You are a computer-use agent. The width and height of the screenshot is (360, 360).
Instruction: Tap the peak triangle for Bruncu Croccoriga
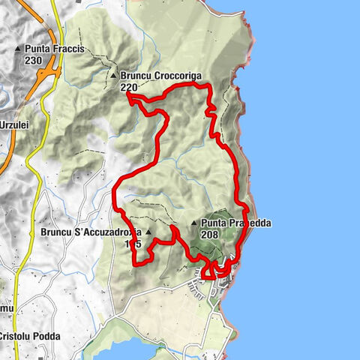(x=113, y=76)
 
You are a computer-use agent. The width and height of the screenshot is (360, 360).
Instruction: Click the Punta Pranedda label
(x=235, y=223)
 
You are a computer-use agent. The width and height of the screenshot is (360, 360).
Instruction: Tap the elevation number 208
(x=210, y=234)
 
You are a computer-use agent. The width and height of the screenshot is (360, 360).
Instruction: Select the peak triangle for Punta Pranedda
(x=194, y=223)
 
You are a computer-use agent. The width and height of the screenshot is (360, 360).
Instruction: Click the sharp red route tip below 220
(x=128, y=95)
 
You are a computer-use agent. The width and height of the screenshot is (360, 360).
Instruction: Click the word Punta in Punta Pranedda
(x=214, y=223)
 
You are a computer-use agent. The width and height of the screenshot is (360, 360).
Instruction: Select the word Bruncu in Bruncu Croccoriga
(x=135, y=76)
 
